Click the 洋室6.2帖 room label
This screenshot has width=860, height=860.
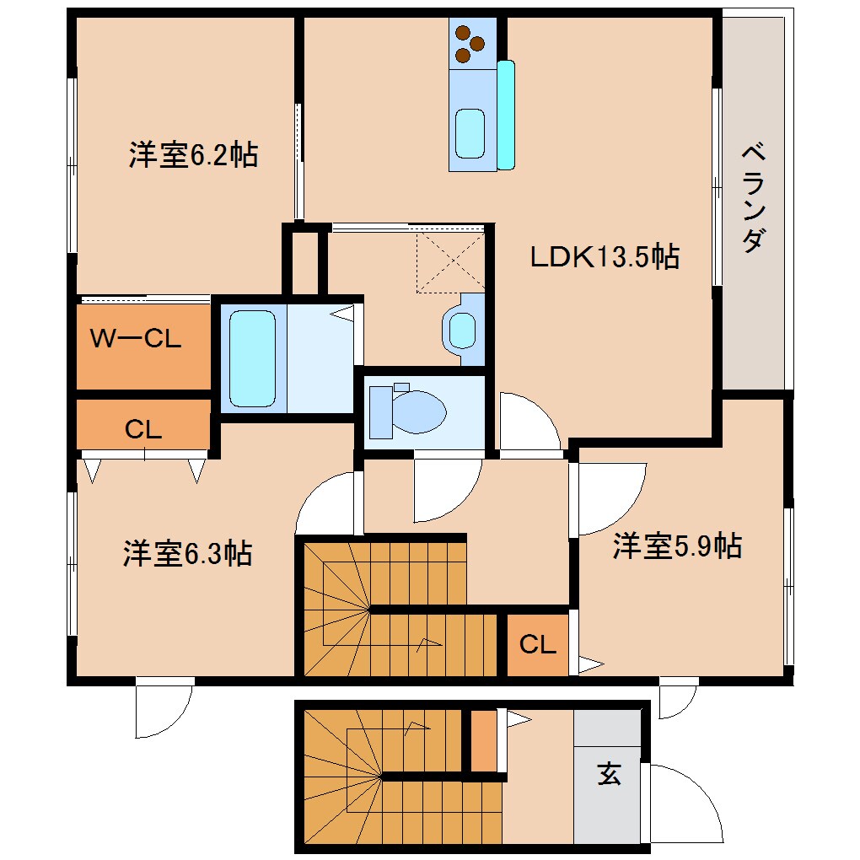tap(193, 155)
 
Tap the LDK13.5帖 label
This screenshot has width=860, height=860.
tap(604, 256)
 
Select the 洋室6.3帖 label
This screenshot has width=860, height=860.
tap(187, 554)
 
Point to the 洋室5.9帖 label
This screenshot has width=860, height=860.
tap(677, 547)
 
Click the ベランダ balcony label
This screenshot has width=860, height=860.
tap(755, 199)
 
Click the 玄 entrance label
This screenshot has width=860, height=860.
tap(609, 772)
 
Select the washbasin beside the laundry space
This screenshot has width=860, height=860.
tap(462, 329)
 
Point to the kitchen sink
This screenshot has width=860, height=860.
tap(470, 132)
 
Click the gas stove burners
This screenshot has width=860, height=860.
tap(470, 44)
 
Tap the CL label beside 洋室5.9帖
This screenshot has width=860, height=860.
tap(537, 645)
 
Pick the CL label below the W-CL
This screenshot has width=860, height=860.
tap(142, 429)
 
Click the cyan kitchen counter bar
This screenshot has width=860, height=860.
tap(506, 115)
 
